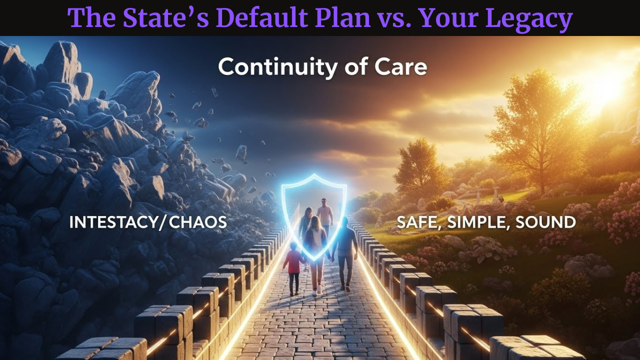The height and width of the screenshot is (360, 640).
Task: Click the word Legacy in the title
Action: pos(529,18)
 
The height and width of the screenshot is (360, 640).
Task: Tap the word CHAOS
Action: pos(198,222)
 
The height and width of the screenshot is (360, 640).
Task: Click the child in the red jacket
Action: pos(293,268)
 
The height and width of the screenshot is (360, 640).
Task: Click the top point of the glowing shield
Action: pos(314,174)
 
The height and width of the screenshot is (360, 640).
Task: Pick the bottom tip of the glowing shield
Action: pos(314,259)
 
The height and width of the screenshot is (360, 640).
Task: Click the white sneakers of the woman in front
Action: pos(317,291)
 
